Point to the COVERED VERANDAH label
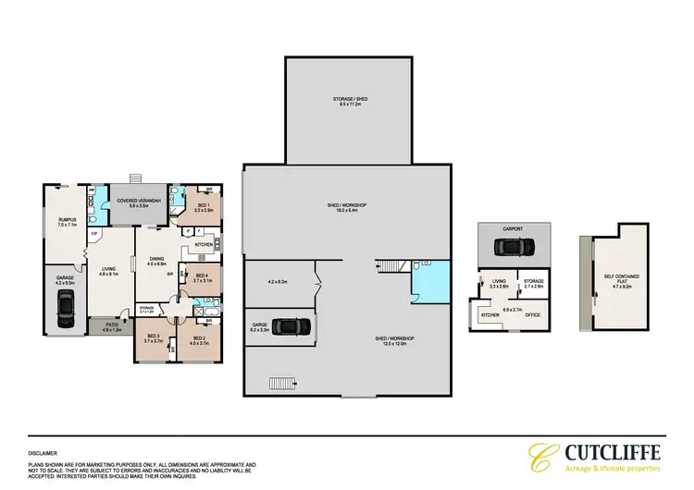pos(138,201)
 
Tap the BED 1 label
pos(204,205)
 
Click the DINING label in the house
pos(155,259)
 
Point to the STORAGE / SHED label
pos(349,100)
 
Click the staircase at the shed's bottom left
pos(279,382)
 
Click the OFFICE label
pos(535,315)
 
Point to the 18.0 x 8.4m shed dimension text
pos(349,211)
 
